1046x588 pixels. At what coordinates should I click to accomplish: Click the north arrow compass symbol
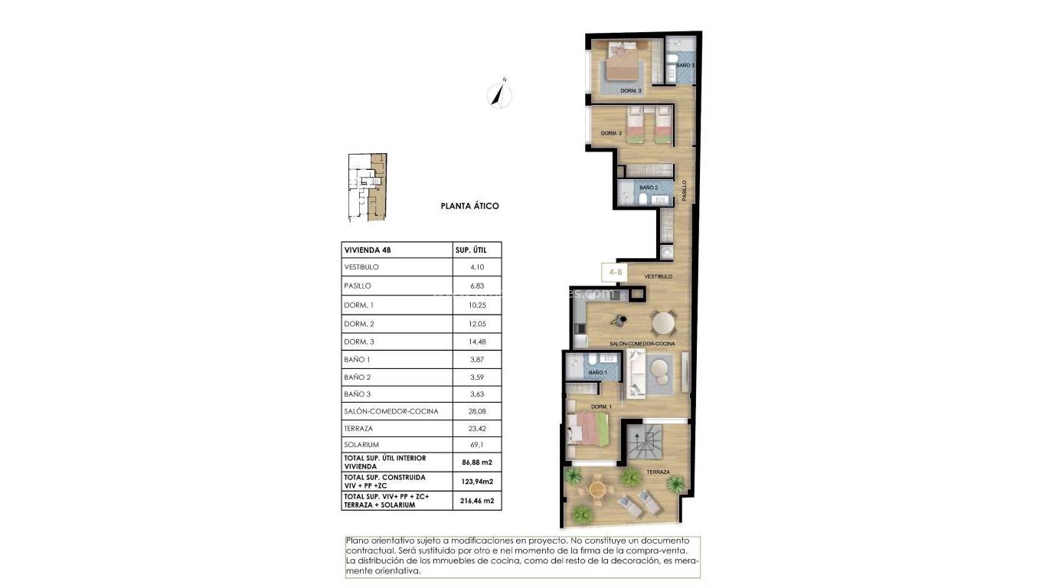pyautogui.click(x=500, y=94)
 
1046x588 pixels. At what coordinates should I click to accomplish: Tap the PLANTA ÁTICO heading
pyautogui.click(x=469, y=206)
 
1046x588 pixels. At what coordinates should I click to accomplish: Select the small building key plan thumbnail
pyautogui.click(x=367, y=188)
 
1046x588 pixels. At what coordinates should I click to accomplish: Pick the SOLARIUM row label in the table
pyautogui.click(x=362, y=445)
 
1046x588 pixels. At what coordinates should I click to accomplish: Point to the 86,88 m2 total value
pyautogui.click(x=476, y=462)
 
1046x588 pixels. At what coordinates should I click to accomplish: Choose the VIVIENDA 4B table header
pyautogui.click(x=368, y=250)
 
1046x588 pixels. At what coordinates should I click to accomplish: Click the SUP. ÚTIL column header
pyautogui.click(x=466, y=250)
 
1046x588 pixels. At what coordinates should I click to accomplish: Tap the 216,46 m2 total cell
pyautogui.click(x=476, y=501)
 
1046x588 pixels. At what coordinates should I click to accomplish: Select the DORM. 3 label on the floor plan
pyautogui.click(x=630, y=91)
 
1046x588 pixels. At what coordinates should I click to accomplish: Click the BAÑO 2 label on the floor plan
pyautogui.click(x=649, y=188)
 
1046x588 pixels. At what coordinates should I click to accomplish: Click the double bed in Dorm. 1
pyautogui.click(x=590, y=429)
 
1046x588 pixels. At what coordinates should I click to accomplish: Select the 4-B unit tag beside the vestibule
pyautogui.click(x=616, y=271)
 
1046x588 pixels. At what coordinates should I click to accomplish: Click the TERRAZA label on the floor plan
pyautogui.click(x=658, y=472)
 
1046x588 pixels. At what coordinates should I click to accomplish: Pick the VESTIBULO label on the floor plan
pyautogui.click(x=659, y=276)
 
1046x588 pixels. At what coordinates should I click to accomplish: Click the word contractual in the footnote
pyautogui.click(x=371, y=550)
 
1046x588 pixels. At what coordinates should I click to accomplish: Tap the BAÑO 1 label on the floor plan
pyautogui.click(x=597, y=373)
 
